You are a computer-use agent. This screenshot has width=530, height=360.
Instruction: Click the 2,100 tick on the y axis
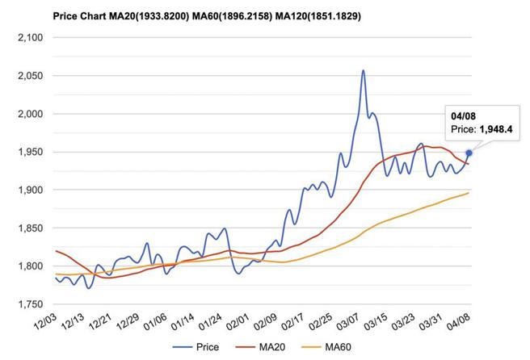(x=29, y=38)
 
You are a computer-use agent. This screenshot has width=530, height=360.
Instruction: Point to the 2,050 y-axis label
(x=29, y=76)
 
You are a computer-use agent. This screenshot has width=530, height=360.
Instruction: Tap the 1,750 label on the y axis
(x=29, y=304)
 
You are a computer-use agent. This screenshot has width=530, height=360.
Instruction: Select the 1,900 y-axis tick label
(x=29, y=190)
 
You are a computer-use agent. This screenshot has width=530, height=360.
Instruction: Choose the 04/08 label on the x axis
(x=457, y=324)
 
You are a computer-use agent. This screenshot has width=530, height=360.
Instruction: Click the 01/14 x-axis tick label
(x=185, y=324)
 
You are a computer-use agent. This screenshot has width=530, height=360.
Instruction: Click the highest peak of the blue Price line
(x=364, y=71)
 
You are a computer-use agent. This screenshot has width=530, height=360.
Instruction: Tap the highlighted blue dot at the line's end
(x=469, y=153)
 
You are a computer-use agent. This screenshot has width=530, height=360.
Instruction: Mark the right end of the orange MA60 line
(x=469, y=193)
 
